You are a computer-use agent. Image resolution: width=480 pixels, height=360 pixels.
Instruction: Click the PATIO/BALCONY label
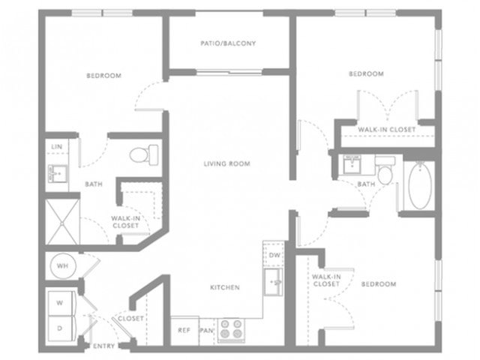point(228,43)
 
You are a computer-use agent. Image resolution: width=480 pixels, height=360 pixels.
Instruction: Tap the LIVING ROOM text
point(226,163)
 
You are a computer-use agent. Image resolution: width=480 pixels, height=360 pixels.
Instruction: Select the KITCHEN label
point(225,287)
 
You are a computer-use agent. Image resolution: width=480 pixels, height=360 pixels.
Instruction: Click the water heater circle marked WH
point(63,265)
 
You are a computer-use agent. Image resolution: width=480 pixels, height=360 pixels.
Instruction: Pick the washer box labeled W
point(60,303)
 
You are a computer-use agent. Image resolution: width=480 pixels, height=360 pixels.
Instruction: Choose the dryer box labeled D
point(60,328)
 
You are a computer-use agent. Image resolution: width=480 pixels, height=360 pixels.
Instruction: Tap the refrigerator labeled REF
point(184,331)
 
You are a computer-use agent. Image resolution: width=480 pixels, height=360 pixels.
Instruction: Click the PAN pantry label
point(206,331)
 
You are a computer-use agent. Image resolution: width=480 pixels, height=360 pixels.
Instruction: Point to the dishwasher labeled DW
point(274,255)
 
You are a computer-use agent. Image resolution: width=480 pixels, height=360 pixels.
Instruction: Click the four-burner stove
point(231,329)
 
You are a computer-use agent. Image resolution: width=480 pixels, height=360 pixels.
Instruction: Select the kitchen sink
point(273,282)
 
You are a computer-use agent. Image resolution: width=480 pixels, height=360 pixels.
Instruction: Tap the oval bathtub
point(420,186)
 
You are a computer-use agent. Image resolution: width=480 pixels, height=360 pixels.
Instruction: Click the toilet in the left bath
point(144,155)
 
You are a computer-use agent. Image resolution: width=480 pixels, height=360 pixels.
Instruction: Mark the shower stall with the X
point(62,222)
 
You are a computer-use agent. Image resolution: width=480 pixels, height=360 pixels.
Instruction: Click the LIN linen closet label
point(57,147)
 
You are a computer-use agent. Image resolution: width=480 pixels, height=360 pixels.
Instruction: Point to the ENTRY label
point(103,346)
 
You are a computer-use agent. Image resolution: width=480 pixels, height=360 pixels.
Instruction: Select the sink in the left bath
point(57,173)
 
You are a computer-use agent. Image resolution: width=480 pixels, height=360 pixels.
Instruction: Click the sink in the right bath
point(352,164)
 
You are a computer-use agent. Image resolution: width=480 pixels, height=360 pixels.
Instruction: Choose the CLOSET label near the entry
point(130,319)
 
